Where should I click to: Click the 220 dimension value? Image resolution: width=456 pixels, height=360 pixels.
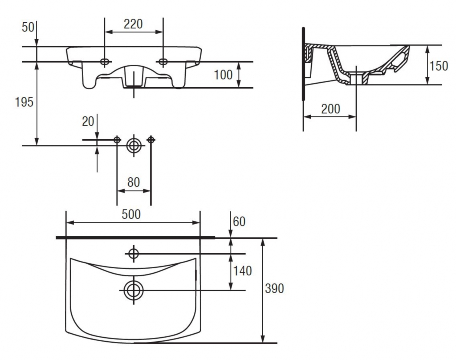[x=133, y=24]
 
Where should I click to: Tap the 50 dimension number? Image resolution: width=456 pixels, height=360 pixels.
[x=28, y=27]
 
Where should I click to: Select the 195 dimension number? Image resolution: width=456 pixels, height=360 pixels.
[x=24, y=102]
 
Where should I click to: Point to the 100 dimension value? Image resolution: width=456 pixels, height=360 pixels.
[x=224, y=75]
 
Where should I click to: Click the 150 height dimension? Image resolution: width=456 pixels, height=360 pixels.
[x=439, y=66]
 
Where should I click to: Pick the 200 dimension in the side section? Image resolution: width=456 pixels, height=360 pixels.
[x=331, y=109]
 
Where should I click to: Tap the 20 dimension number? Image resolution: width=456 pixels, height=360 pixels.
[x=88, y=121]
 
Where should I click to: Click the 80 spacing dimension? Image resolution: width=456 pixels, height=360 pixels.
[x=134, y=182]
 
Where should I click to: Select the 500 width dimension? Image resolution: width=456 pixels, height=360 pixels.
[x=131, y=214]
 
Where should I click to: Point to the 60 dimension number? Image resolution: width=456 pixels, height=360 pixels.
[x=239, y=222]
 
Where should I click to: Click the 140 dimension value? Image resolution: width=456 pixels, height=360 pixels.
[x=242, y=271]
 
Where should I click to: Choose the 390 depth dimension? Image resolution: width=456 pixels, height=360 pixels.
[x=274, y=288]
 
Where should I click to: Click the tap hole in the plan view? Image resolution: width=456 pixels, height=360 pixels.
[x=134, y=254]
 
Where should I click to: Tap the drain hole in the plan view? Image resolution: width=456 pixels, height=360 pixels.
[x=134, y=290]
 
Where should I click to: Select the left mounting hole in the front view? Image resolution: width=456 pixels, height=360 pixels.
[x=105, y=61]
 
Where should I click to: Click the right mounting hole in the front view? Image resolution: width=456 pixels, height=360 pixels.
[x=163, y=61]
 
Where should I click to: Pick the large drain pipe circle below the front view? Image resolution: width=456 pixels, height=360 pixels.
[x=134, y=146]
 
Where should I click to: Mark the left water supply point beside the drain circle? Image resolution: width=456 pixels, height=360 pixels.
[x=117, y=140]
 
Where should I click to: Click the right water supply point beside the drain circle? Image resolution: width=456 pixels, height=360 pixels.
[x=151, y=140]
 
